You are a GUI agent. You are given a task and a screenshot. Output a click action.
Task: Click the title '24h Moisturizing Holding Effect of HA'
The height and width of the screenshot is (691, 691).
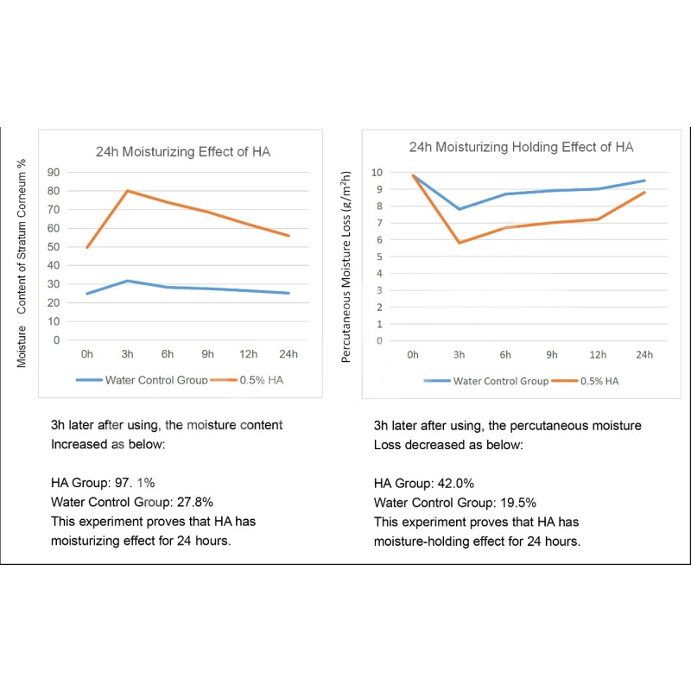tap(521, 147)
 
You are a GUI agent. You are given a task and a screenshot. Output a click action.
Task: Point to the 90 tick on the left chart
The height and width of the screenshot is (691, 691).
tap(54, 172)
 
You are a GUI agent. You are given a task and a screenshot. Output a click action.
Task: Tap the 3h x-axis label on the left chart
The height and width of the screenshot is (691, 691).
tap(127, 354)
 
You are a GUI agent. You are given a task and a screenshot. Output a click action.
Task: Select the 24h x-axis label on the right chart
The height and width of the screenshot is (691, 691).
tap(643, 354)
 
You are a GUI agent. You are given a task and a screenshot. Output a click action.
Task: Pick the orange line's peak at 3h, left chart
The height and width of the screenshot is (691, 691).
tap(128, 190)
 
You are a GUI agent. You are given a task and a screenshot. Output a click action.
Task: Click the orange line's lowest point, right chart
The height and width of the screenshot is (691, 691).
tap(460, 243)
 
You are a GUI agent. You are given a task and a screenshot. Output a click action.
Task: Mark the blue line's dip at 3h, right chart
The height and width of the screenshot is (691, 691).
tap(460, 209)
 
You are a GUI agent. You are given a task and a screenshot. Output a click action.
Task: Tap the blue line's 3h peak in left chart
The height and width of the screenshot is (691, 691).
tap(128, 281)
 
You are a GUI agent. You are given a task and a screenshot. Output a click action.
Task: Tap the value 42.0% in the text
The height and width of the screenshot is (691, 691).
tap(455, 483)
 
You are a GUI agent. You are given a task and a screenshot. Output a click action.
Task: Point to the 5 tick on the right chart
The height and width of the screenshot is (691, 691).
tap(377, 257)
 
